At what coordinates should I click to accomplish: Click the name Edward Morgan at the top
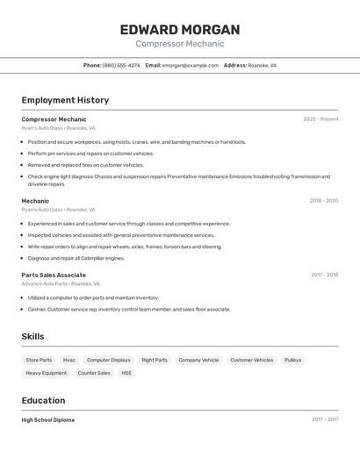(x=180, y=30)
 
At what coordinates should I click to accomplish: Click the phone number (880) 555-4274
(x=121, y=65)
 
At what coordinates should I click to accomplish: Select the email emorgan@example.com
(x=190, y=65)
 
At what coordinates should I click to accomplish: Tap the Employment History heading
(x=65, y=100)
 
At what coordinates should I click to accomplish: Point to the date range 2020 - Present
(x=320, y=119)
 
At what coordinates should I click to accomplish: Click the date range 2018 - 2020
(x=323, y=201)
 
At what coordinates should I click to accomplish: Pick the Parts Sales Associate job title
(x=54, y=275)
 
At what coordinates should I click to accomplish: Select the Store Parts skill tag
(x=39, y=360)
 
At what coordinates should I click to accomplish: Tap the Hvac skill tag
(x=69, y=360)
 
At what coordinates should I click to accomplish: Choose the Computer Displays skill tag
(x=108, y=360)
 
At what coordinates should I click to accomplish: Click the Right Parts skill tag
(x=155, y=360)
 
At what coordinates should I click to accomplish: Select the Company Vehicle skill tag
(x=198, y=360)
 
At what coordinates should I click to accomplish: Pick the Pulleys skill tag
(x=292, y=360)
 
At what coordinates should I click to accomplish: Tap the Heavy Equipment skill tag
(x=46, y=373)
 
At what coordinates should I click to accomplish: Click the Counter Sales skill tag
(x=94, y=373)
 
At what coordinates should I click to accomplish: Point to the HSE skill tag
(x=126, y=373)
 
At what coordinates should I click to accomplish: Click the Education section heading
(x=43, y=401)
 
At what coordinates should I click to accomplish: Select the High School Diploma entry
(x=48, y=420)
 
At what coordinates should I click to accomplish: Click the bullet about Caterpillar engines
(x=76, y=258)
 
